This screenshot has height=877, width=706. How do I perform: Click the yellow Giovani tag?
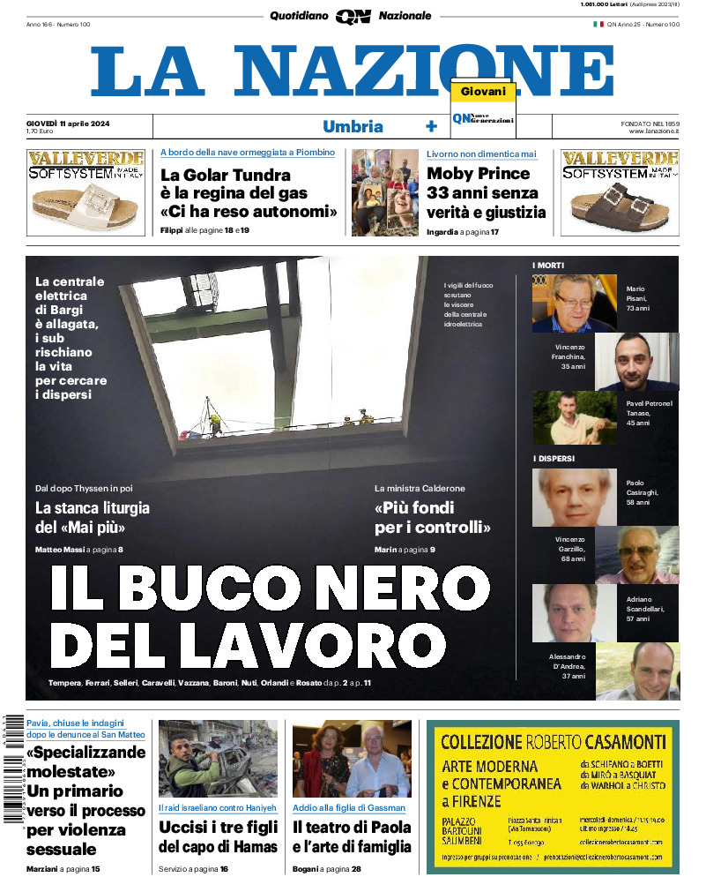click(483, 92)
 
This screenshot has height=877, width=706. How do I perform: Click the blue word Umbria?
click(353, 126)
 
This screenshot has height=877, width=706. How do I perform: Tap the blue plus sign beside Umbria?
click(431, 126)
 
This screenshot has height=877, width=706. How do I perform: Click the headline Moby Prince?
click(479, 174)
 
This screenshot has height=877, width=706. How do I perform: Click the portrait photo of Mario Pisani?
click(576, 304)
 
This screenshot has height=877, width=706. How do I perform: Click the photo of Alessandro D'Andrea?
click(637, 671)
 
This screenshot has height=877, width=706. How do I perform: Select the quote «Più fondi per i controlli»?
click(432, 518)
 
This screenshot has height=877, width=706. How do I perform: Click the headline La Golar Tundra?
click(226, 175)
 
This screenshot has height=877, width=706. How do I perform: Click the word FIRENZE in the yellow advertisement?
click(472, 802)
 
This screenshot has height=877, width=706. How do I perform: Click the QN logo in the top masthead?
click(353, 16)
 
